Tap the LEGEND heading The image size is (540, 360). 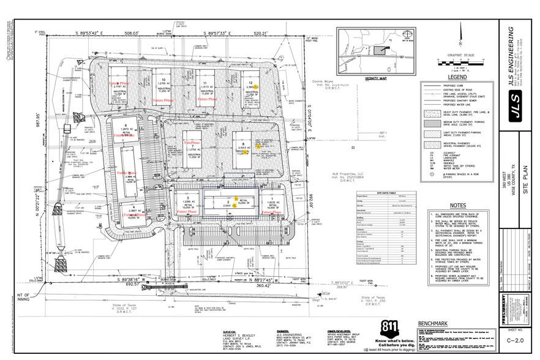point(457,77)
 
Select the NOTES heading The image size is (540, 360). point(457,205)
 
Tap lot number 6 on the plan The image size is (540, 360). point(125,125)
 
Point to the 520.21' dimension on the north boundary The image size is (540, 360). point(277,34)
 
